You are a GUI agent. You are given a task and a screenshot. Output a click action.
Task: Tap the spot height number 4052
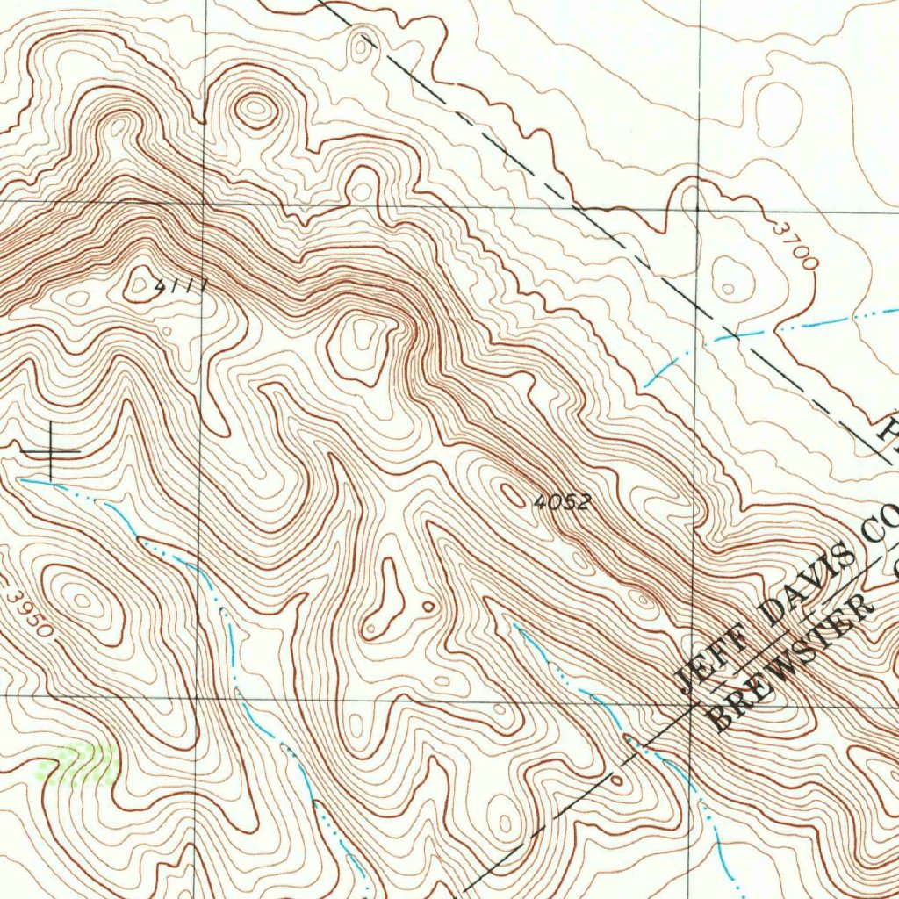point(563,503)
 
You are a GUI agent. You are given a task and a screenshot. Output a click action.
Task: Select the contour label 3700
point(796,245)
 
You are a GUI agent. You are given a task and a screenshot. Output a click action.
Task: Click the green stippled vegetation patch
point(82,763)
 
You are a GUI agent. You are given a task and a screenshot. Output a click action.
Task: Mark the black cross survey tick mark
point(50,451)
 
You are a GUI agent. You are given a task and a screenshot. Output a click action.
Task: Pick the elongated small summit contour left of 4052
point(512,494)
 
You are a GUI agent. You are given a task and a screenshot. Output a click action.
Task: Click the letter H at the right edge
point(890,435)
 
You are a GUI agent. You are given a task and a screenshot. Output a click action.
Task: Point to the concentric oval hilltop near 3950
point(82,601)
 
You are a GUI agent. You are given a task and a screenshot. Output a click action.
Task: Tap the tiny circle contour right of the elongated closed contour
point(428,606)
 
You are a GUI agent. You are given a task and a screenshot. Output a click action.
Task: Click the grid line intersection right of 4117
point(204,203)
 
